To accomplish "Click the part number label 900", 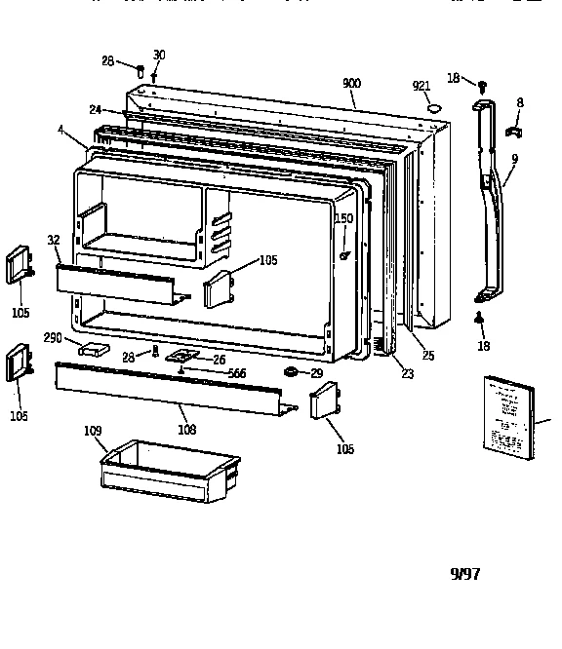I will [352, 85].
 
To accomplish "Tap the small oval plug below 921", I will [435, 107].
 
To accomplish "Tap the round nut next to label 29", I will [291, 373].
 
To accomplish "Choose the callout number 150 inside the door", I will [343, 218].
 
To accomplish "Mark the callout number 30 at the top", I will [159, 55].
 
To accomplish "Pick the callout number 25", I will [427, 356].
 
